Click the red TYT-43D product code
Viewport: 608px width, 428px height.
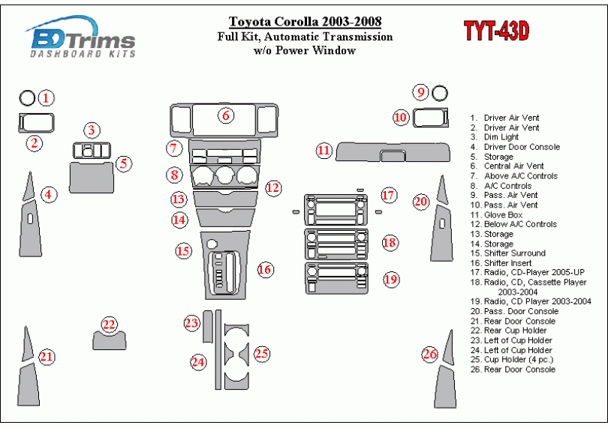pyautogui.click(x=496, y=31)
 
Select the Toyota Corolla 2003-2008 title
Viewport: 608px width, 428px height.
pyautogui.click(x=305, y=21)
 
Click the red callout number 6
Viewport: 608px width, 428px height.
pyautogui.click(x=226, y=115)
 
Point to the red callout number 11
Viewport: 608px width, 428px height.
pyautogui.click(x=324, y=150)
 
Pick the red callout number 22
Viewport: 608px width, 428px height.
pyautogui.click(x=109, y=325)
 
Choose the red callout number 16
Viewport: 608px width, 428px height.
pyautogui.click(x=265, y=269)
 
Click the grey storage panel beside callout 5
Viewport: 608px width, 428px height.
pyautogui.click(x=92, y=178)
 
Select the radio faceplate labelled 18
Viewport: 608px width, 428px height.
pyautogui.click(x=336, y=244)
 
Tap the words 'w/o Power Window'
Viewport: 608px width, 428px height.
pyautogui.click(x=305, y=50)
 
